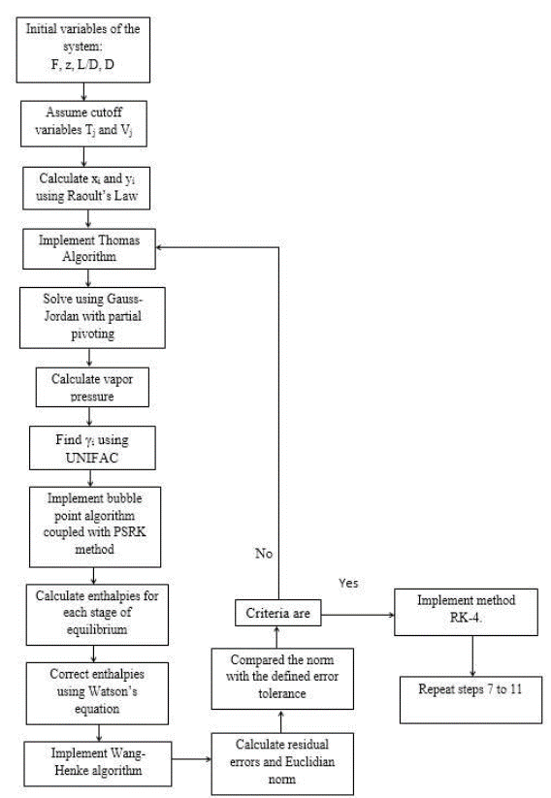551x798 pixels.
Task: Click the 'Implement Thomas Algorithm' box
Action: pyautogui.click(x=89, y=248)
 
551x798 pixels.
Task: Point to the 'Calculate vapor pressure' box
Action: pyautogui.click(x=92, y=387)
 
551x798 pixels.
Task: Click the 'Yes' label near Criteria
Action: pyautogui.click(x=349, y=585)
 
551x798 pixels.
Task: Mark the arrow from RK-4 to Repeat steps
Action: pyautogui.click(x=472, y=656)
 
